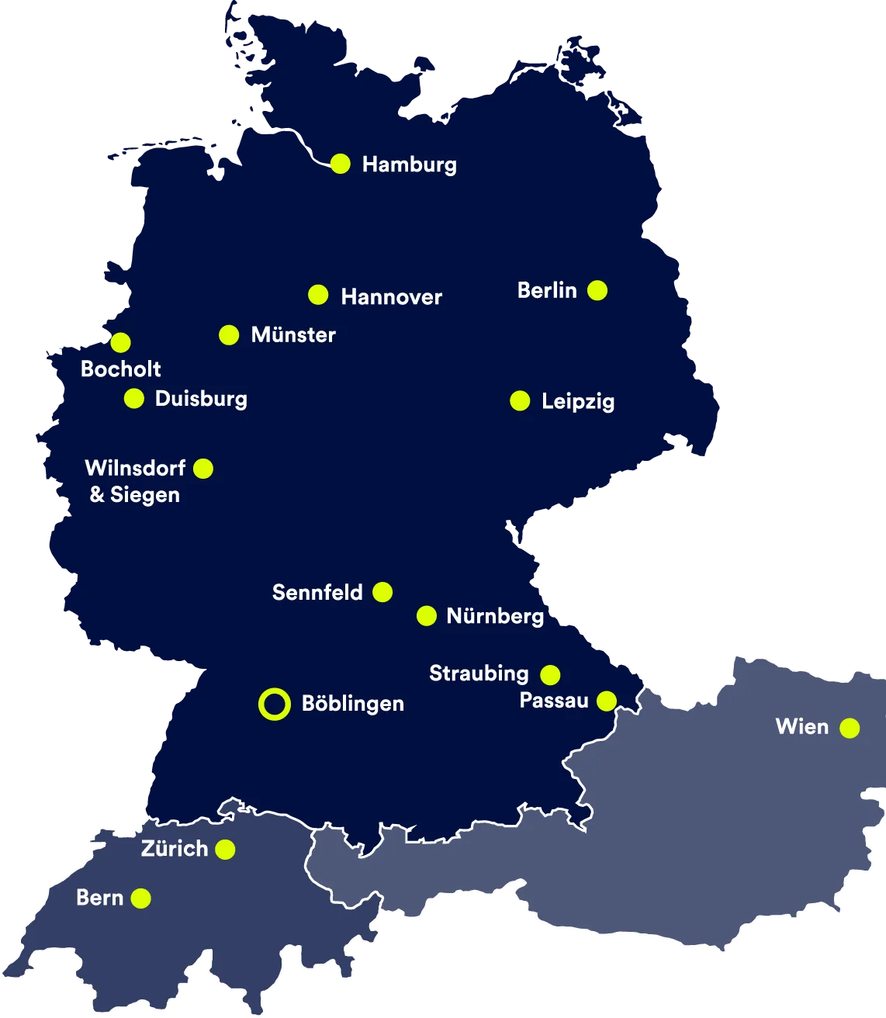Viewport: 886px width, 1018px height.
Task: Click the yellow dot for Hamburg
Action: click(340, 164)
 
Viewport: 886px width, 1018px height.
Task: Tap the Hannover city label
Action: click(391, 297)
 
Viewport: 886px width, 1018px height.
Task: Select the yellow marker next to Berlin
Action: click(597, 290)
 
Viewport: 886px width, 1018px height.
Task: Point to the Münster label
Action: click(293, 335)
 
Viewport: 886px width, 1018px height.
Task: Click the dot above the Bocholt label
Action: click(120, 342)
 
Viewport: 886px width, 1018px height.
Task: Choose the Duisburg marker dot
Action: click(134, 399)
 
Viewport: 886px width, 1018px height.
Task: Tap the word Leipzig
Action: click(577, 402)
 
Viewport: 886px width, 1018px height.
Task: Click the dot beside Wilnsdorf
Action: click(203, 469)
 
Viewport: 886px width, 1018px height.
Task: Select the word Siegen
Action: click(145, 495)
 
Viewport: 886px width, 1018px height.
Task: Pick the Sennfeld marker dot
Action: click(382, 592)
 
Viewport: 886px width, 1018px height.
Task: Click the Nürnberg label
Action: click(495, 616)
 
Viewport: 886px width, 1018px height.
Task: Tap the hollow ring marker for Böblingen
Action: click(274, 704)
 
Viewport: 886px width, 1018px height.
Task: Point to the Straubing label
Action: click(479, 673)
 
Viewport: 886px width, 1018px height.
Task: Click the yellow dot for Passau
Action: click(607, 701)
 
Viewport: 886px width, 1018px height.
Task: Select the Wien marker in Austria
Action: click(850, 728)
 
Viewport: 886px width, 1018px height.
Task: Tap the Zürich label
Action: click(175, 849)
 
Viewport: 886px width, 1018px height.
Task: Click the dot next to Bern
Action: click(140, 899)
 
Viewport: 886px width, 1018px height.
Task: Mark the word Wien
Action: click(802, 727)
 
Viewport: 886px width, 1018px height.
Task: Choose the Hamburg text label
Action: click(409, 164)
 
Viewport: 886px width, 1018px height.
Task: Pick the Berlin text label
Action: click(547, 290)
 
